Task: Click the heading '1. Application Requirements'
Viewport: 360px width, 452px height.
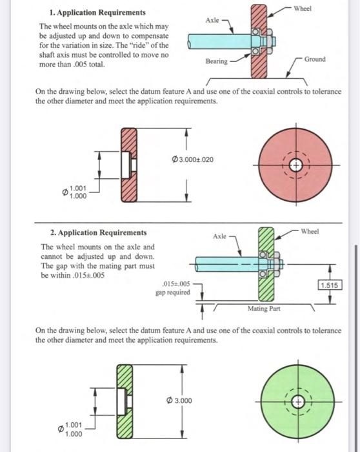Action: click(x=97, y=13)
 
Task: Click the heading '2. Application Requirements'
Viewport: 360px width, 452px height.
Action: click(x=99, y=232)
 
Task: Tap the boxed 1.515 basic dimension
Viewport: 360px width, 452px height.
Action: click(x=330, y=283)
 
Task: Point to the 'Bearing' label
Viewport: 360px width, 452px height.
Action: click(x=216, y=61)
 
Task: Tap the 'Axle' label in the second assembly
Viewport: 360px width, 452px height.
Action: click(x=219, y=237)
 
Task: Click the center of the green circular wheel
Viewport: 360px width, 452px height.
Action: click(x=296, y=399)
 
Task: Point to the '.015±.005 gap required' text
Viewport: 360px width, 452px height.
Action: click(x=173, y=287)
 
